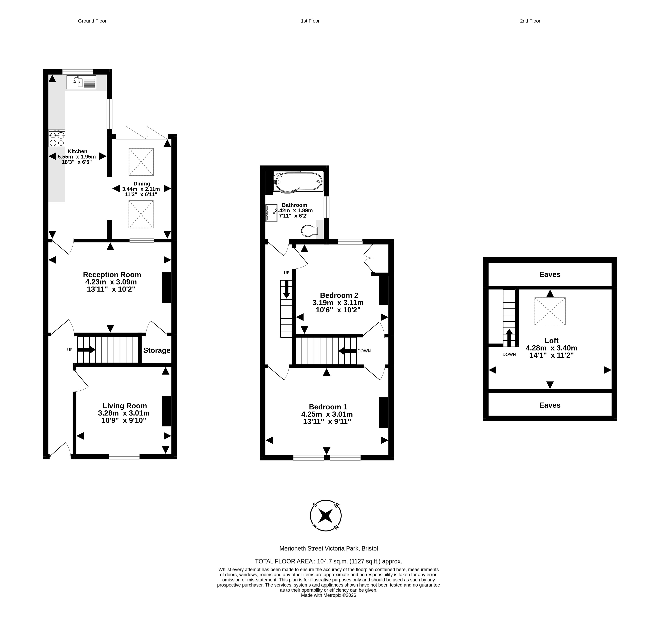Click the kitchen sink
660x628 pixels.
tap(81, 82)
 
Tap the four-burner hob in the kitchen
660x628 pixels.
tap(57, 138)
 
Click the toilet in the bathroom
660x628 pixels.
tap(310, 231)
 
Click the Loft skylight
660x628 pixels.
tap(550, 311)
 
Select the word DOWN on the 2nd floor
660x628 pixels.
tap(509, 354)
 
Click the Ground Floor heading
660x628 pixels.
tap(92, 21)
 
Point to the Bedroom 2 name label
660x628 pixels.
tap(339, 295)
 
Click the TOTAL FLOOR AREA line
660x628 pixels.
tap(328, 561)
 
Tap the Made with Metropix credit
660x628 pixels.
tap(328, 595)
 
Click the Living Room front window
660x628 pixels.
tap(124, 456)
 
